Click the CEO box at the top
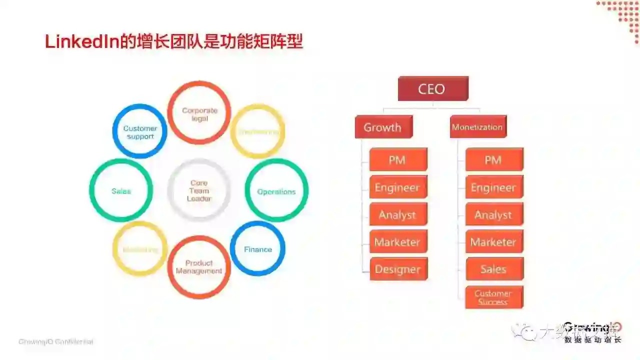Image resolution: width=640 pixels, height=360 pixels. [432, 89]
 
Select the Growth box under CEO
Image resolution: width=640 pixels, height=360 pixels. [383, 127]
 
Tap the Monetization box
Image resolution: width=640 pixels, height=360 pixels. [477, 127]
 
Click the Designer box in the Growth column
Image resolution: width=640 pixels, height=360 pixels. [398, 269]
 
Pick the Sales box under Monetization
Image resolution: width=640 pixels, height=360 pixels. [494, 269]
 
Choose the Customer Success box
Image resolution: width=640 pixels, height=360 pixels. [494, 297]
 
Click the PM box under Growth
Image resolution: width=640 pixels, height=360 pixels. [398, 160]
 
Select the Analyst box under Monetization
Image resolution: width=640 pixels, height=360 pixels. [494, 215]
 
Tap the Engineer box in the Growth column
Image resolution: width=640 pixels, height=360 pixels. [398, 188]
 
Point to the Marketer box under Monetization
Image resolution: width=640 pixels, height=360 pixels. [494, 242]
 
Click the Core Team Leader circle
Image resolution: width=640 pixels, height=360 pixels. [199, 190]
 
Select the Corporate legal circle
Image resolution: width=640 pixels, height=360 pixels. [199, 113]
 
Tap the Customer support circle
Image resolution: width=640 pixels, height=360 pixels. [140, 131]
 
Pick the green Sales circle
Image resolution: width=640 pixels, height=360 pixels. [121, 190]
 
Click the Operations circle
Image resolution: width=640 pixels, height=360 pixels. [276, 191]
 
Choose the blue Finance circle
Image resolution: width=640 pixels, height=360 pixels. [257, 249]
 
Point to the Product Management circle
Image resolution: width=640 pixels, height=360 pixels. [199, 267]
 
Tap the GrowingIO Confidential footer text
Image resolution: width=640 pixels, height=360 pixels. [56, 342]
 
